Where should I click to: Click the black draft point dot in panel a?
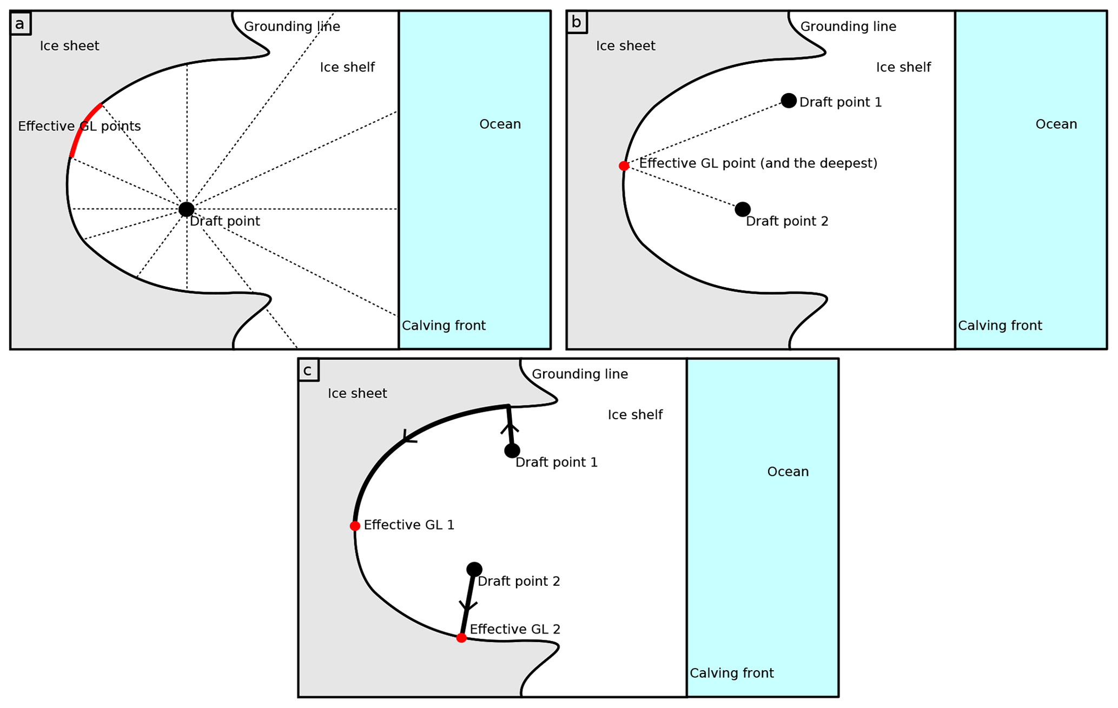point(186,209)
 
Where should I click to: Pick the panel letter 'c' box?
point(308,370)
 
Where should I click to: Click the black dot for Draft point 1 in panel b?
point(789,101)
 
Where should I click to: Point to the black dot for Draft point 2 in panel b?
point(743,209)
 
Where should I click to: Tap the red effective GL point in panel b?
point(624,166)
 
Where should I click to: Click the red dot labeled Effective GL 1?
point(355,526)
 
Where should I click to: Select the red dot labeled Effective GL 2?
point(461,638)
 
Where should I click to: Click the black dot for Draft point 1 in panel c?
point(512,451)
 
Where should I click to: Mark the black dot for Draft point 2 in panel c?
point(474,569)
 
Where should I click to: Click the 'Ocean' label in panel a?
point(500,124)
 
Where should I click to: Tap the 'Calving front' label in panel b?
point(1000,326)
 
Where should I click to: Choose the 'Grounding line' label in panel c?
point(580,374)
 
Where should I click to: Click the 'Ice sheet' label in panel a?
point(69,46)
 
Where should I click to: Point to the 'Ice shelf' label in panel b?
point(903,68)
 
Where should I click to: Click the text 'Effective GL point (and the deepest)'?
point(758,163)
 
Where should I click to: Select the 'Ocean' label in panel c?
point(788,472)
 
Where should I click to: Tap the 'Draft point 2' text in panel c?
point(519,581)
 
